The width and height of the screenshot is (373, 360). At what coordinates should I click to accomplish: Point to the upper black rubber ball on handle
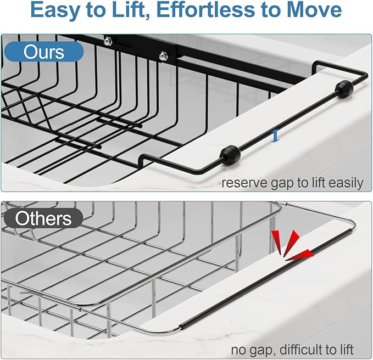tap(344, 89)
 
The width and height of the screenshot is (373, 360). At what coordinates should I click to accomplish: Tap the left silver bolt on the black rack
tap(108, 40)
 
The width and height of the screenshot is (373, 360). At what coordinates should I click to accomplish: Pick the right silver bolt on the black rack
tap(163, 55)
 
